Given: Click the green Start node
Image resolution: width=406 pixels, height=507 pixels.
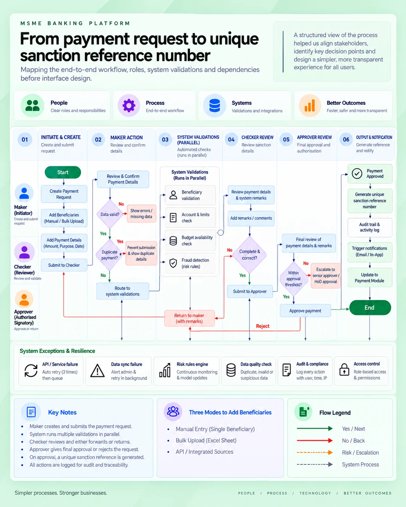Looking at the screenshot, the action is tap(63, 172).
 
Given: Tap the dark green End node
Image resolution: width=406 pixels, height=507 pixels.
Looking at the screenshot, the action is tap(370, 307).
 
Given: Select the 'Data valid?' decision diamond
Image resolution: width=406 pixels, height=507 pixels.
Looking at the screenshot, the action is tap(110, 214).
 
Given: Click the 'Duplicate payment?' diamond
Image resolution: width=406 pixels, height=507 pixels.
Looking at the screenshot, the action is tap(109, 255).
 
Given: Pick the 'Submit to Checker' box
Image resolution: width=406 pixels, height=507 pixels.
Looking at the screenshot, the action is tap(64, 265).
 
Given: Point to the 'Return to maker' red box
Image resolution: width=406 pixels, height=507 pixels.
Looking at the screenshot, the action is tap(189, 318).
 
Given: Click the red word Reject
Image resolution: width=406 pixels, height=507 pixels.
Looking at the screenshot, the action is tap(262, 326).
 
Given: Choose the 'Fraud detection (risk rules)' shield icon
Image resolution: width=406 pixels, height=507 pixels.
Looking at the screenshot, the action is tap(173, 263).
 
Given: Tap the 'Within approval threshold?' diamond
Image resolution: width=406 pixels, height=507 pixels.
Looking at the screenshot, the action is tap(293, 279).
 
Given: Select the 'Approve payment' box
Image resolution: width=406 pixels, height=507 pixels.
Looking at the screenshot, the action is tap(305, 311).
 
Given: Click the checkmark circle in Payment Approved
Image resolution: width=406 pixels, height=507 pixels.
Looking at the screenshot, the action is tap(357, 174).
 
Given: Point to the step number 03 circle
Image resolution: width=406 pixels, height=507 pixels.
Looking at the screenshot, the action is tap(165, 140).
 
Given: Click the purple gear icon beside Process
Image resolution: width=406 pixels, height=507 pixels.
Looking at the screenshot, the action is tap(129, 105).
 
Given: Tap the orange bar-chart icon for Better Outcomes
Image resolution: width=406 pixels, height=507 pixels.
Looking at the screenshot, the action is tap(310, 106).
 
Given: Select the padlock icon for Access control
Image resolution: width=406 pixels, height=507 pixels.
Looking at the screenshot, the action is tap(344, 370).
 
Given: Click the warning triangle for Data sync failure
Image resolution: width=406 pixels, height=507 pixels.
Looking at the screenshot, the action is tap(97, 370).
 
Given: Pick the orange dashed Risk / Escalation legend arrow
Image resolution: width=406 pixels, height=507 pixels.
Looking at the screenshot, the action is tap(315, 452).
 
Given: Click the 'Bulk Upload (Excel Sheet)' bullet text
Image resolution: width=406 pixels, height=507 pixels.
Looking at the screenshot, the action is tap(206, 440).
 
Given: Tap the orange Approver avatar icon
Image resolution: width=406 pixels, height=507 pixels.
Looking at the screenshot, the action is tap(24, 299).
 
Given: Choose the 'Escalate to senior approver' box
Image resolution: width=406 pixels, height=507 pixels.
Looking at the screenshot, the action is tap(326, 276).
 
